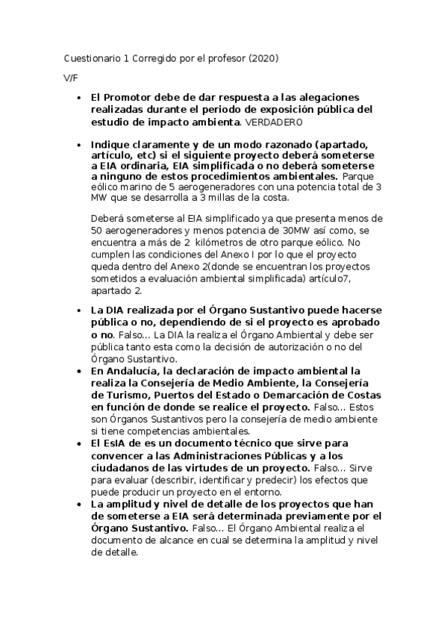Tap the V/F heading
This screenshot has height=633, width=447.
[71, 78]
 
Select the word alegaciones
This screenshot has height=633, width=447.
[327, 97]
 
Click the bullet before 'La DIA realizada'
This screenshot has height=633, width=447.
[80, 311]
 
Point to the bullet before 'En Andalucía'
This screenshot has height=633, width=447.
[80, 371]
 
